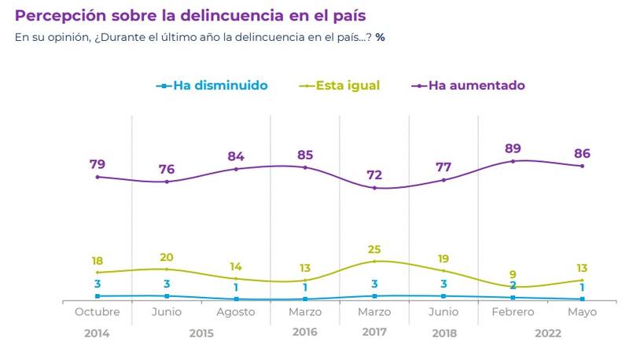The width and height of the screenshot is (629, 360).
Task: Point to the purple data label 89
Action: [513, 148]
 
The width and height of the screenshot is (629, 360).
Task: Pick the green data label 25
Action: [374, 249]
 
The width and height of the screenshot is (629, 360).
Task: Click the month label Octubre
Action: [97, 312]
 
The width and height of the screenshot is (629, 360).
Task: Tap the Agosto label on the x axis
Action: [236, 312]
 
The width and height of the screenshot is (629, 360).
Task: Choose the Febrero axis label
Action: [513, 312]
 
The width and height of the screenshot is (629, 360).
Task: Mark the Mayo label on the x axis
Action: [582, 312]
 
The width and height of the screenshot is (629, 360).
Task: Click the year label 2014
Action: [97, 332]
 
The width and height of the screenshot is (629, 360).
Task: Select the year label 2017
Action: [375, 332]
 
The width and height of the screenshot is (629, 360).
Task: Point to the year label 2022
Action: [548, 332]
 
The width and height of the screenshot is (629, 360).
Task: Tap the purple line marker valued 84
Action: [236, 169]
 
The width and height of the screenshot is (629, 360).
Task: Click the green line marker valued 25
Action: [374, 261]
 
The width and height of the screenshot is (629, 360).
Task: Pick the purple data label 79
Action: [97, 164]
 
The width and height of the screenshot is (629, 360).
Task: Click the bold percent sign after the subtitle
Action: [380, 38]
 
